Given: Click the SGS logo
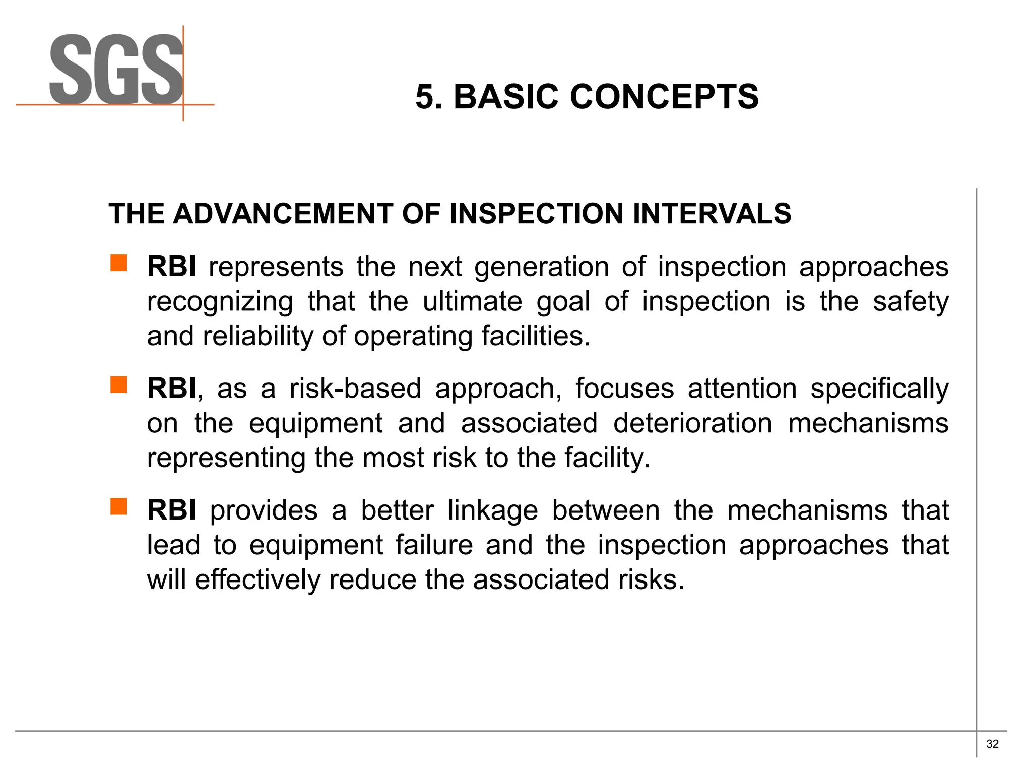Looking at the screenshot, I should click(x=116, y=71).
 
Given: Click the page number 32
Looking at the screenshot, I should click(x=992, y=744).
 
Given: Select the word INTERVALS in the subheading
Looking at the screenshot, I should click(x=712, y=213).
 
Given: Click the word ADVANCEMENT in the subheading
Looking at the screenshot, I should click(x=282, y=213).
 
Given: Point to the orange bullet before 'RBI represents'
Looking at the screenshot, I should click(x=119, y=263).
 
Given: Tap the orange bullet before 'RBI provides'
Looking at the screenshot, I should click(x=119, y=507).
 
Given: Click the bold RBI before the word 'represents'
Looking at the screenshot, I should click(x=171, y=267).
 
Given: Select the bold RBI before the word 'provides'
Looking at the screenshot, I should click(x=171, y=510).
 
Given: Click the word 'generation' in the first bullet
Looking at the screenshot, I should click(x=542, y=268).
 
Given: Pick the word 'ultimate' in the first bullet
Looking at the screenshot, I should click(x=472, y=302).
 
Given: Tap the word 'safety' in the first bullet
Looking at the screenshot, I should click(x=911, y=302).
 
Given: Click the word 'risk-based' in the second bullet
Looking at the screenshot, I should click(x=355, y=389).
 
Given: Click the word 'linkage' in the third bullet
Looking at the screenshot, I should click(x=493, y=511).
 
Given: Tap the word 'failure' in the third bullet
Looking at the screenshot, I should click(x=434, y=545).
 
